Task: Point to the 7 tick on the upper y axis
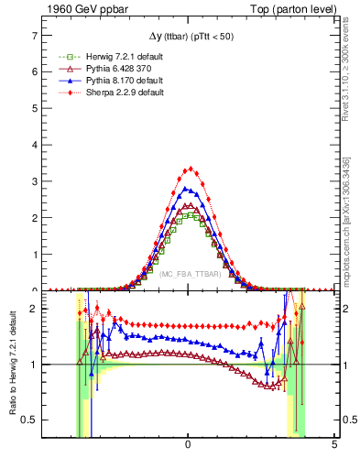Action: click(x=34, y=35)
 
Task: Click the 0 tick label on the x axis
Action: click(x=188, y=445)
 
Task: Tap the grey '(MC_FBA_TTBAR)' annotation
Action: click(x=188, y=274)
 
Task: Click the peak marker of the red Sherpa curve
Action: click(x=190, y=169)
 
